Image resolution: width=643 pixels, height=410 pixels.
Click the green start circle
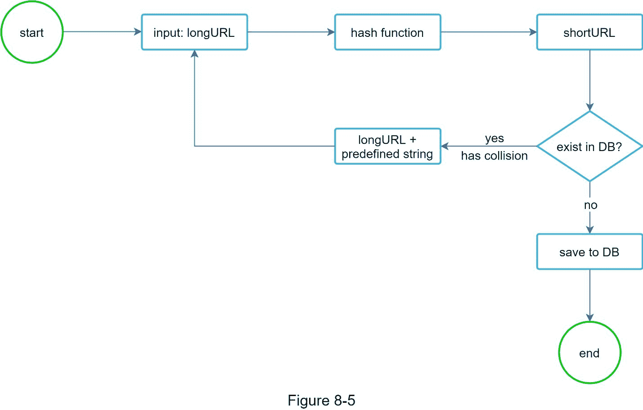pyautogui.click(x=32, y=32)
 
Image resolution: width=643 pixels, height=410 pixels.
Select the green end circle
pyautogui.click(x=589, y=353)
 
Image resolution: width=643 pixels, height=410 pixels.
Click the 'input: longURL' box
pyautogui.click(x=194, y=32)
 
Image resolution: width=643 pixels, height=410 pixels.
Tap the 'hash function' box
pyautogui.click(x=387, y=32)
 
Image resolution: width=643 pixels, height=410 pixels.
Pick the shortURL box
pyautogui.click(x=589, y=32)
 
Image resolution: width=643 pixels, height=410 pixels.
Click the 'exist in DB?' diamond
pyautogui.click(x=589, y=147)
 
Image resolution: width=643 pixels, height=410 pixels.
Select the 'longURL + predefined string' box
pyautogui.click(x=387, y=147)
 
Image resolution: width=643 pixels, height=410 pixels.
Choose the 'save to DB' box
pyautogui.click(x=589, y=252)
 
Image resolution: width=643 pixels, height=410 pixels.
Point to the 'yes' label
pyautogui.click(x=495, y=138)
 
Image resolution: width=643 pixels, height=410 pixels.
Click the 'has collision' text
pyautogui.click(x=495, y=156)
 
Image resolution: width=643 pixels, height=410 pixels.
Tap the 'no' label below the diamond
pyautogui.click(x=590, y=205)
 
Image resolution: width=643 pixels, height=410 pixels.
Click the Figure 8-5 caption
pyautogui.click(x=321, y=400)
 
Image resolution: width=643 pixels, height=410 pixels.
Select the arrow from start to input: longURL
pyautogui.click(x=102, y=32)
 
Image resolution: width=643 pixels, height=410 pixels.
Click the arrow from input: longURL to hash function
pyautogui.click(x=291, y=32)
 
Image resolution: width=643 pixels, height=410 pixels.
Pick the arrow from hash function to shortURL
pyautogui.click(x=488, y=32)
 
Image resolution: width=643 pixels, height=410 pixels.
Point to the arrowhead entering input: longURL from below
pyautogui.click(x=194, y=54)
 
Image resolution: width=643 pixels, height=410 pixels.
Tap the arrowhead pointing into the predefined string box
pyautogui.click(x=445, y=146)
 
